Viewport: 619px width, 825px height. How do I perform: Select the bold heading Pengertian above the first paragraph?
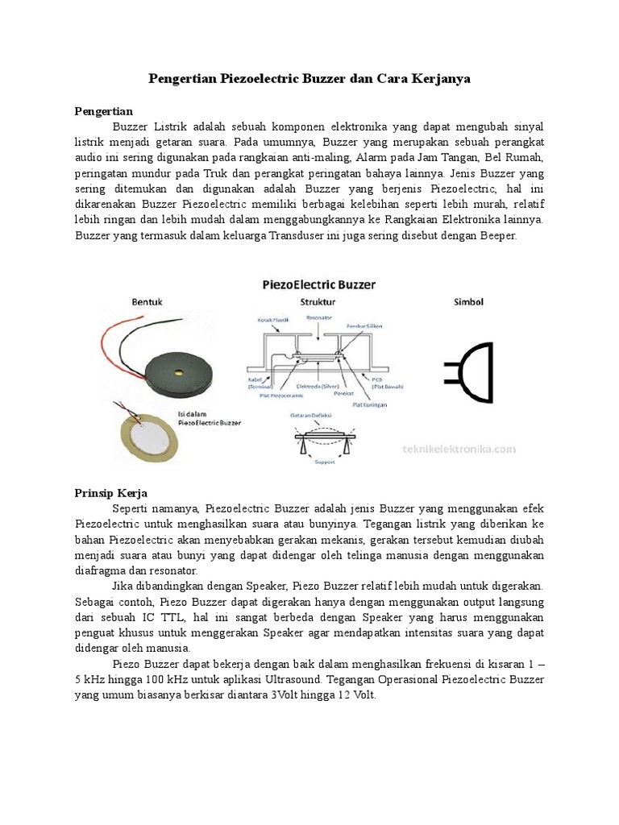pos(103,111)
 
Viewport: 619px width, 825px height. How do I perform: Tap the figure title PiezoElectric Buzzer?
pos(312,284)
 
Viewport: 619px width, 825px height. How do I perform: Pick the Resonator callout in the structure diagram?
pos(320,317)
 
